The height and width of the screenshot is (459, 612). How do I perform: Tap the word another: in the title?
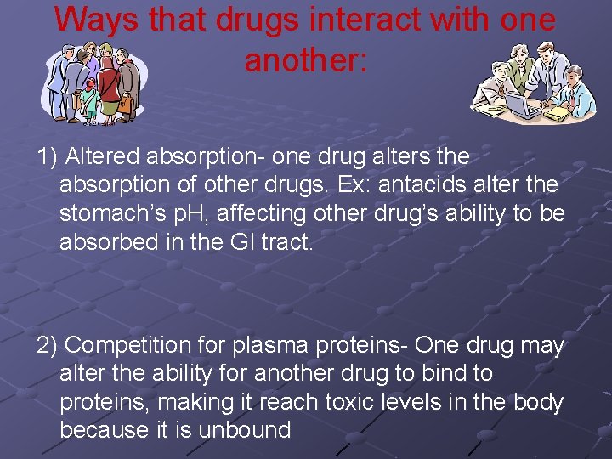[x=306, y=59]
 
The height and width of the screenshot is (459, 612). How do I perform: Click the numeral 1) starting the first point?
[x=47, y=156]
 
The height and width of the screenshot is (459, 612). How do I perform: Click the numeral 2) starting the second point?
[x=47, y=345]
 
